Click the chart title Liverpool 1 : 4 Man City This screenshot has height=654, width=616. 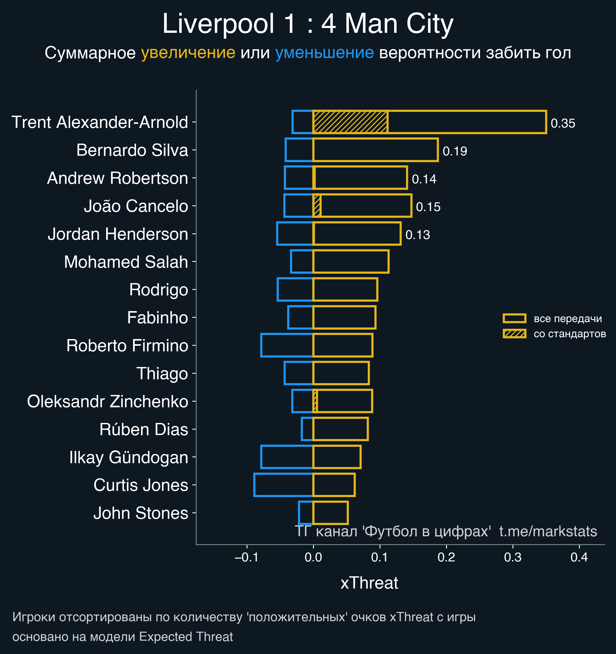[308, 24]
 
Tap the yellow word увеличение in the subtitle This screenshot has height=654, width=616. [188, 53]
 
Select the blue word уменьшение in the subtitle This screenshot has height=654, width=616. [324, 53]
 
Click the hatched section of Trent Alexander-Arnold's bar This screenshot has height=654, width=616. [350, 122]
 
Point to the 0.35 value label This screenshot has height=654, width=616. [563, 123]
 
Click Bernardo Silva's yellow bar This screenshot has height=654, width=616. [375, 150]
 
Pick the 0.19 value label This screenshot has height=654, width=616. [455, 151]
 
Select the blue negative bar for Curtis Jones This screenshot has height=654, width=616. [283, 485]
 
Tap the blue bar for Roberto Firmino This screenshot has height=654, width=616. [287, 345]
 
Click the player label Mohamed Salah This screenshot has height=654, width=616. [126, 262]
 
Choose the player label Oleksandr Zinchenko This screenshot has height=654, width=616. [107, 401]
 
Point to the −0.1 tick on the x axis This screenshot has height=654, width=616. [247, 557]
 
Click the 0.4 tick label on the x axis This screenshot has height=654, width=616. [579, 557]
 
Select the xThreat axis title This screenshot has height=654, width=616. [369, 583]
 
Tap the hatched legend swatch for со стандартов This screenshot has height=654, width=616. [514, 334]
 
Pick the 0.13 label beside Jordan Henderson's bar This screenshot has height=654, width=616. [418, 235]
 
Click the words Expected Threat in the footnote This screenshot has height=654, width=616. [186, 637]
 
